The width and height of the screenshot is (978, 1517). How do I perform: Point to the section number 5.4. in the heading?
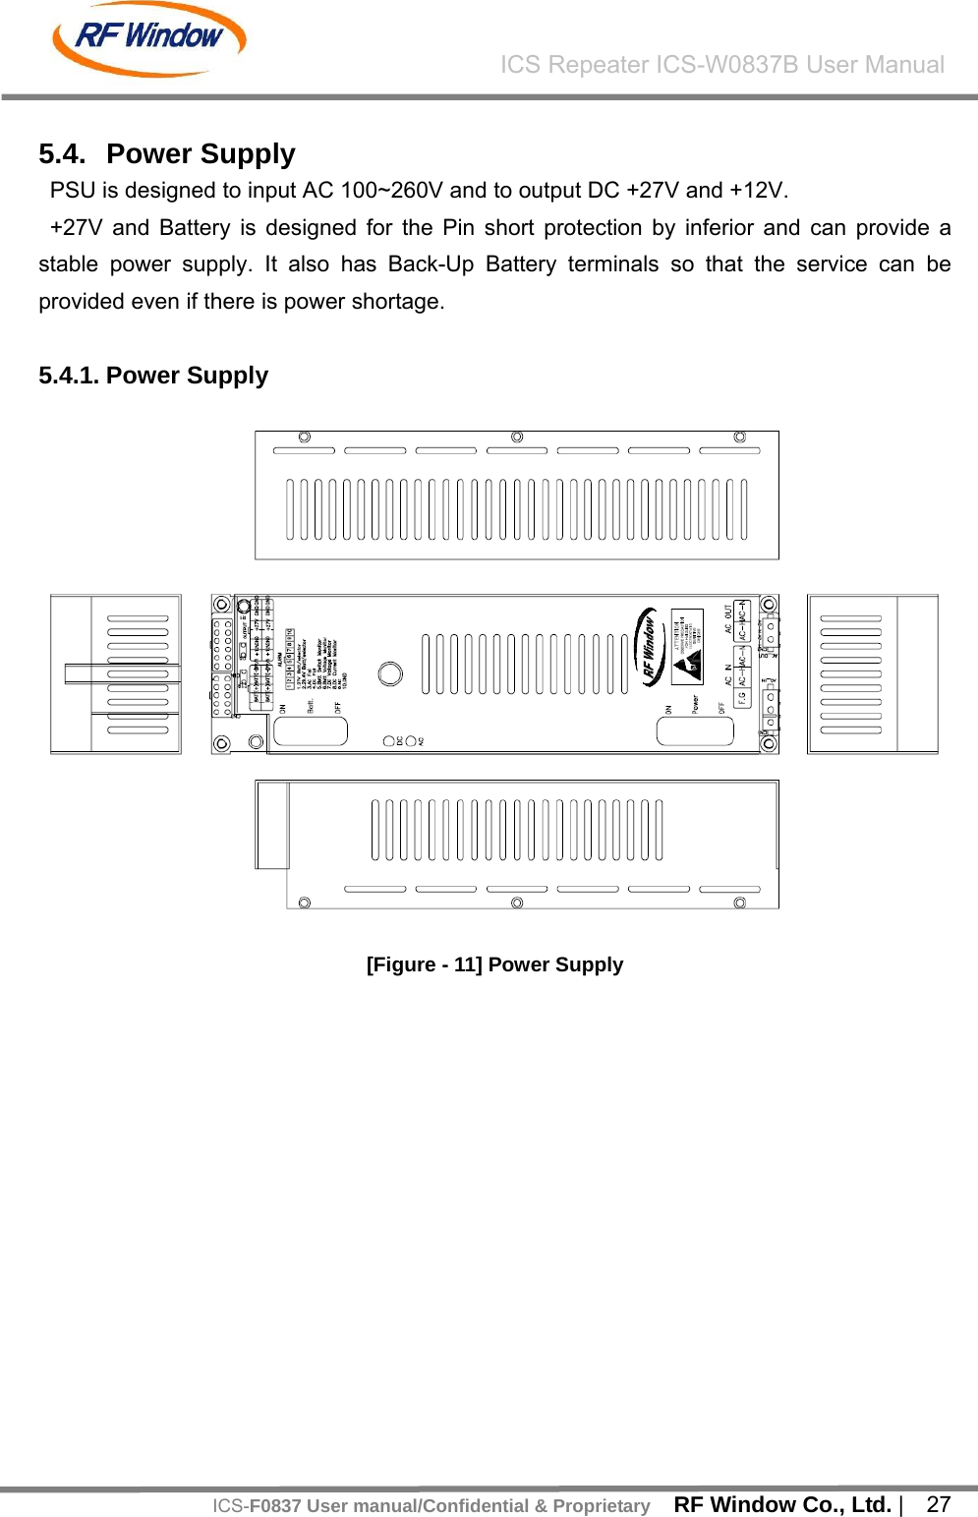[62, 154]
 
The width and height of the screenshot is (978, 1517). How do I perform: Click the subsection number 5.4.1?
[69, 376]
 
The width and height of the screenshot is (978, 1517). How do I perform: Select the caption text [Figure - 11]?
[424, 964]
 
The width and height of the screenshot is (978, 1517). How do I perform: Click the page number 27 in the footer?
[939, 1504]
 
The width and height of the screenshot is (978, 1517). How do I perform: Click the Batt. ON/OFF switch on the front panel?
[310, 730]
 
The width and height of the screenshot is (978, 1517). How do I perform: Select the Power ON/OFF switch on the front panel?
[694, 730]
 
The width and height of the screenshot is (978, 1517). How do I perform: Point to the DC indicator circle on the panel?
[389, 741]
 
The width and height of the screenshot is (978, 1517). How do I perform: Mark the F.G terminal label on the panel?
[742, 697]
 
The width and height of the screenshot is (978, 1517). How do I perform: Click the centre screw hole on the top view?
[517, 437]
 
